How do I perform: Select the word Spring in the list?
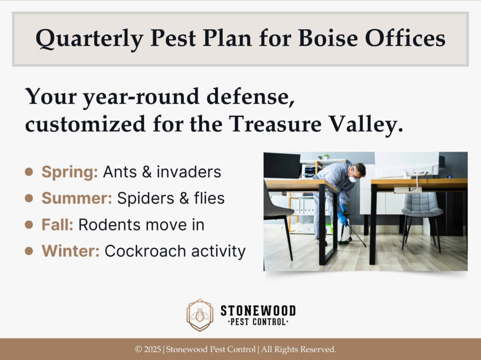[x=70, y=172]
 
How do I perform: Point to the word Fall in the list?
[x=57, y=225]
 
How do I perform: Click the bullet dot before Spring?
[x=29, y=172]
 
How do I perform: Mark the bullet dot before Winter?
[x=29, y=251]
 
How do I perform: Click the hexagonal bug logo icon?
[x=200, y=315]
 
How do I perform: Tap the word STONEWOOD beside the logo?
[x=258, y=310]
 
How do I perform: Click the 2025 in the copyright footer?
[x=152, y=349]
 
